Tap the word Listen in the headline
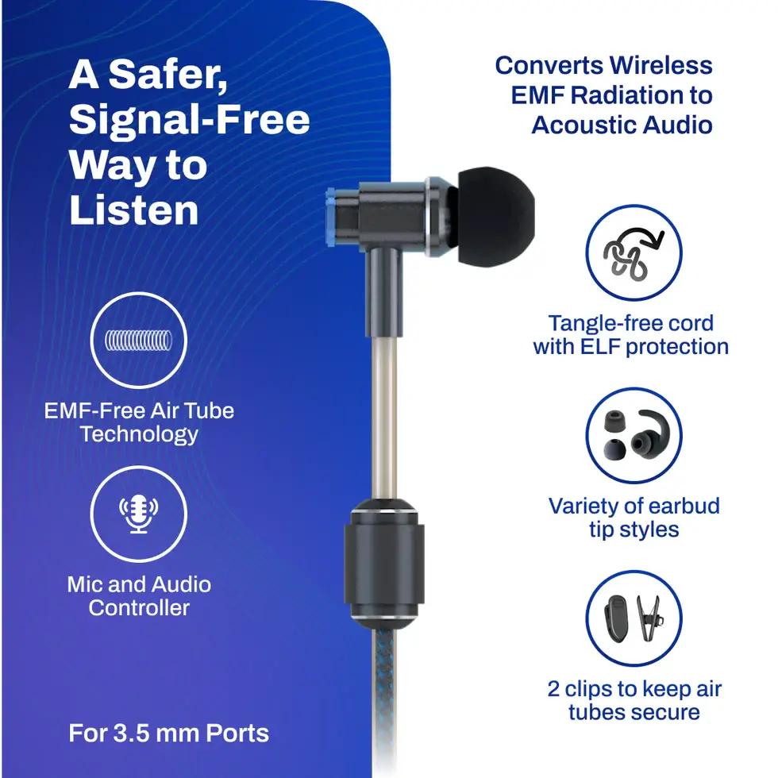tap(133, 210)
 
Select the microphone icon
tap(139, 514)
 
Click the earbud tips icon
tap(634, 435)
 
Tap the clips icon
tap(634, 618)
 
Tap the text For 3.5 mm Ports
tap(168, 733)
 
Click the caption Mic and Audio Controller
tap(139, 596)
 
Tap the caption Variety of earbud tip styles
tap(634, 518)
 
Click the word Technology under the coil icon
tap(139, 434)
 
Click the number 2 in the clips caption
tap(554, 688)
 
